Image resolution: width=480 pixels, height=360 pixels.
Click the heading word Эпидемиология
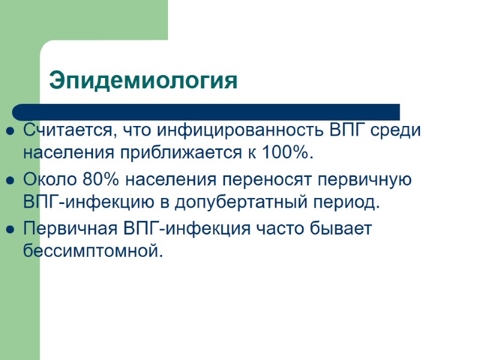(x=143, y=80)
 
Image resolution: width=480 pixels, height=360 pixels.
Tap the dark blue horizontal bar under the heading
(x=206, y=112)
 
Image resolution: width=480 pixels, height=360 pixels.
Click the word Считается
(x=67, y=130)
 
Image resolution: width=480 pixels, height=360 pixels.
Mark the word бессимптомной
(x=93, y=250)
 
